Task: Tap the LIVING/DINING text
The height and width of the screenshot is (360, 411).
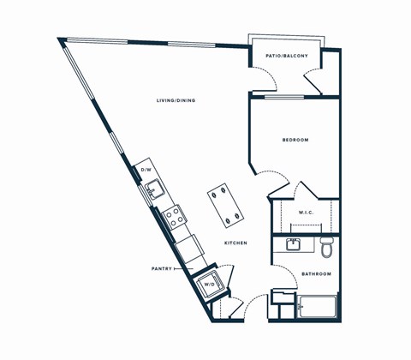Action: click(176, 101)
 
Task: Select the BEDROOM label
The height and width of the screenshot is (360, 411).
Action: click(295, 140)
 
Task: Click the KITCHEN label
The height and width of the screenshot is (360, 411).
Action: click(236, 244)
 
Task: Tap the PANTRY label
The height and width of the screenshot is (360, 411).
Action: click(162, 268)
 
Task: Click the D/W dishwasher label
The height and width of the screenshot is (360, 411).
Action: click(146, 170)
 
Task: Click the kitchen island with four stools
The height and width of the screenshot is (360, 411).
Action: click(223, 205)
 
